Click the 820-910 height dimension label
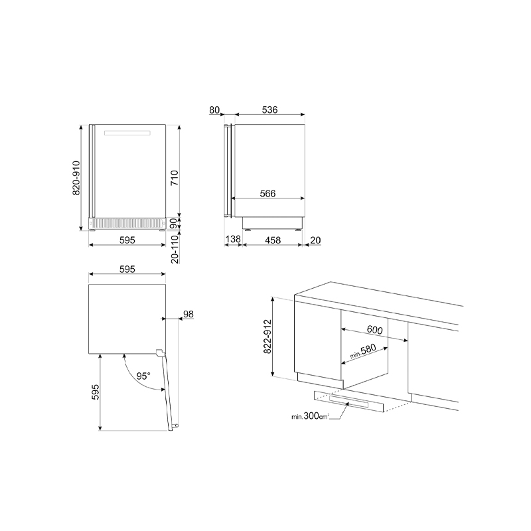click(x=76, y=178)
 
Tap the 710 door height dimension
click(x=175, y=178)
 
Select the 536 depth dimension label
click(x=269, y=110)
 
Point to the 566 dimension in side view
click(x=267, y=193)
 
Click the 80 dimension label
click(x=214, y=110)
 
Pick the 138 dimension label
click(x=233, y=239)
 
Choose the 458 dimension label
click(x=273, y=240)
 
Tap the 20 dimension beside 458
click(x=315, y=240)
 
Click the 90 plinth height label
click(x=173, y=224)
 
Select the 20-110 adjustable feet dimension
click(x=175, y=250)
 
